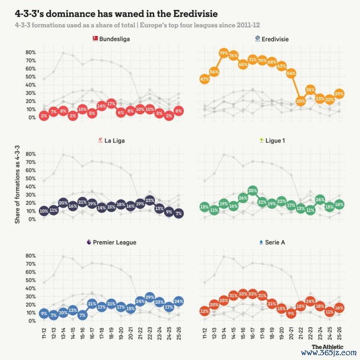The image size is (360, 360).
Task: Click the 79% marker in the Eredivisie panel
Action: pos(223,53)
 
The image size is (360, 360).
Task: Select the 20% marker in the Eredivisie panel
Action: pos(300,101)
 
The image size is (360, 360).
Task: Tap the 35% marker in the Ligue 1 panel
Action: pos(252,191)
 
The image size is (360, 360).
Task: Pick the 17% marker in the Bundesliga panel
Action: pos(111,104)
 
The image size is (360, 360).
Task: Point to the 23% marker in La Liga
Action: pos(150,201)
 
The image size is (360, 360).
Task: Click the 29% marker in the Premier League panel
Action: pos(150,298)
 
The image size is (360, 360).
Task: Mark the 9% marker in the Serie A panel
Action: pos(291,314)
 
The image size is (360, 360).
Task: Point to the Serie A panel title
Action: pos(275,242)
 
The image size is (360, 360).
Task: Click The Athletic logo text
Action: pos(327,347)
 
